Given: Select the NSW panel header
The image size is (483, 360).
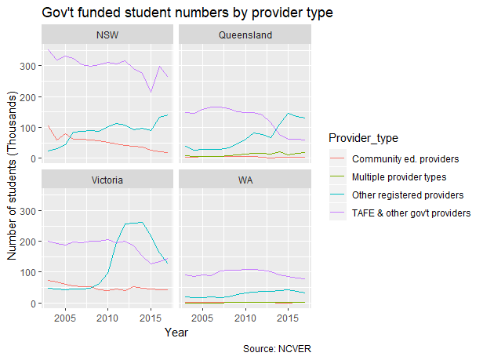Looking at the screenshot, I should [107, 35].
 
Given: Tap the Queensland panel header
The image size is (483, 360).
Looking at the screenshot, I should [245, 35].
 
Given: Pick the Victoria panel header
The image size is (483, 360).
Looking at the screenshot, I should [107, 180].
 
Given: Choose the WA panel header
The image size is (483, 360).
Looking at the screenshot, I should [245, 180].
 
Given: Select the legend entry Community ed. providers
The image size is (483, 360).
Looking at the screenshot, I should [406, 159].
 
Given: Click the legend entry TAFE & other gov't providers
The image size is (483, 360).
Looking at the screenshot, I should [411, 213].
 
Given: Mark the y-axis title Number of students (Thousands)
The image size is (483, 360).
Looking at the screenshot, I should [13, 179].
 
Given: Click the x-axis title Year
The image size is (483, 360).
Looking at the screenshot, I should [176, 333].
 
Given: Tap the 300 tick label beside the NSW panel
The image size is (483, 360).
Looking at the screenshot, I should [28, 66].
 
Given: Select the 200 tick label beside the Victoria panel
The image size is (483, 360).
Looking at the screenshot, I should [28, 242].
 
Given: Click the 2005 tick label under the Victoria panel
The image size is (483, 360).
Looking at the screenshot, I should [64, 318].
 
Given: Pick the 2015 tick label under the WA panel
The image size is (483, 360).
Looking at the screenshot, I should [289, 318].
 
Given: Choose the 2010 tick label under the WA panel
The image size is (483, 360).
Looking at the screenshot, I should [245, 318].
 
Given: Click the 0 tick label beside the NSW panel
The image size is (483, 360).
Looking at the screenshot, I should [34, 158].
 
